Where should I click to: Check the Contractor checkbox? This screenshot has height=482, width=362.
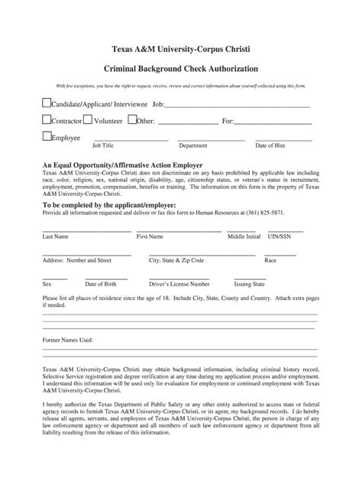(x=46, y=119)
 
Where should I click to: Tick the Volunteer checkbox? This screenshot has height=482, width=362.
(x=88, y=119)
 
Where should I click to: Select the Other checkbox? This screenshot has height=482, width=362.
(x=132, y=119)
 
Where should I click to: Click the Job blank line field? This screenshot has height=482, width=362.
(x=238, y=106)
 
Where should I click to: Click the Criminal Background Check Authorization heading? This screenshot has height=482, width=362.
(x=181, y=69)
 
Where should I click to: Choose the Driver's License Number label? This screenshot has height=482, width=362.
(x=179, y=282)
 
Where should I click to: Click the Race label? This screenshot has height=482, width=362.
(x=270, y=260)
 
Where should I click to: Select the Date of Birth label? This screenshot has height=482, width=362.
(x=101, y=282)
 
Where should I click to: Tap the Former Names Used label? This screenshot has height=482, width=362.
(x=67, y=339)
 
